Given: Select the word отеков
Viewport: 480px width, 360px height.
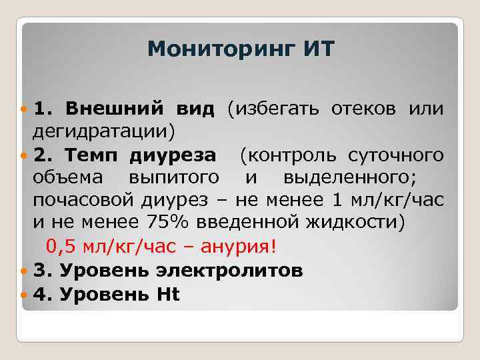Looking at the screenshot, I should pos(359,108).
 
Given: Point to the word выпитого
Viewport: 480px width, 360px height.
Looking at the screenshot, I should pos(176,178).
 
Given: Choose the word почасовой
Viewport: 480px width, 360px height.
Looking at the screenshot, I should pos(82,201).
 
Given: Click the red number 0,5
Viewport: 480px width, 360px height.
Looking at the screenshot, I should pos(61,247).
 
